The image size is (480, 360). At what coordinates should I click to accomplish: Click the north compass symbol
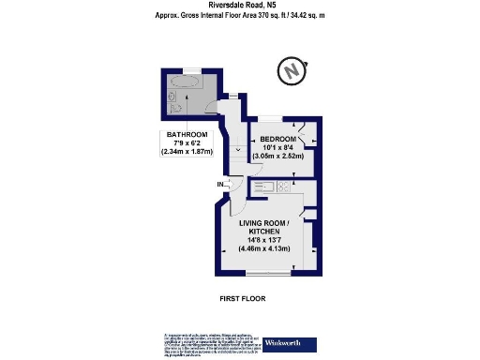292,69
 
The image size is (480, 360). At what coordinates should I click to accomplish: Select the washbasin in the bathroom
171,95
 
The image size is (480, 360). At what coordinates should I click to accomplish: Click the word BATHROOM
187,134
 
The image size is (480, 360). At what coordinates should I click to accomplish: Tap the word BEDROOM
278,139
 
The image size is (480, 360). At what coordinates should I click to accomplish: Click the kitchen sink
264,187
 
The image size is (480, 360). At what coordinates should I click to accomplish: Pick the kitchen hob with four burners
285,187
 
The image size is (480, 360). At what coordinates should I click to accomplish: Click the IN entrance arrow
221,185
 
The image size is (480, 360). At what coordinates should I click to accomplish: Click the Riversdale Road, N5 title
240,6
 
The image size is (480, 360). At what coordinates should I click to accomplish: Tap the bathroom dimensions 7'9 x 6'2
187,143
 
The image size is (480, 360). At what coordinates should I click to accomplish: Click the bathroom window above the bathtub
190,70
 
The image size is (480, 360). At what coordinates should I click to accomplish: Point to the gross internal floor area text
240,16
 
